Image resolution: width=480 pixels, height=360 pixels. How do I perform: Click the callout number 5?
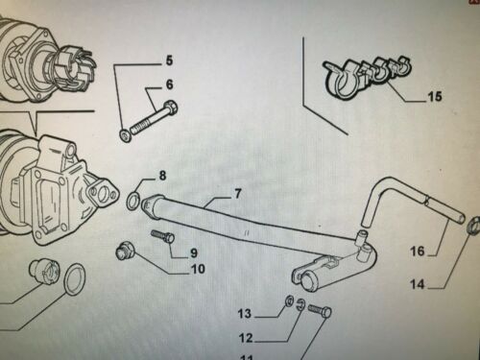[169, 60]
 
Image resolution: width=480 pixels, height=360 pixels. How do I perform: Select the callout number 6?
[169, 84]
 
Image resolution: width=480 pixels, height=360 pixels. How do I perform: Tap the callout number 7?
[237, 194]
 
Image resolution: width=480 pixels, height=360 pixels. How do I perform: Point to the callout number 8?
[162, 176]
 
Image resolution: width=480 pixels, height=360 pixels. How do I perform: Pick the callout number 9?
[194, 252]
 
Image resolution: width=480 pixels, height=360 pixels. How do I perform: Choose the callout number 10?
[198, 269]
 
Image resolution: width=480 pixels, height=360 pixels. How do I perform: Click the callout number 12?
[246, 338]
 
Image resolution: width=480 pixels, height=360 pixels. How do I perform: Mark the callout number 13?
[245, 314]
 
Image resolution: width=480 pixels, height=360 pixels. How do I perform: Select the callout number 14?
[418, 284]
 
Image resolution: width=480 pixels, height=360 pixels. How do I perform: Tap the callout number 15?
[435, 96]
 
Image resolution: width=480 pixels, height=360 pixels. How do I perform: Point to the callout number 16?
[418, 252]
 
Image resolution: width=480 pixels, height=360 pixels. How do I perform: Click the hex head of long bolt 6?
[171, 107]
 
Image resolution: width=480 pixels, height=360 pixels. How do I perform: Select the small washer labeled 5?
[125, 136]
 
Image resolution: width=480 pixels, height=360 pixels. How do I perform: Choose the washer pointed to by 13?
[290, 300]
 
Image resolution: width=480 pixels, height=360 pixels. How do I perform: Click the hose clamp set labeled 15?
[368, 77]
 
